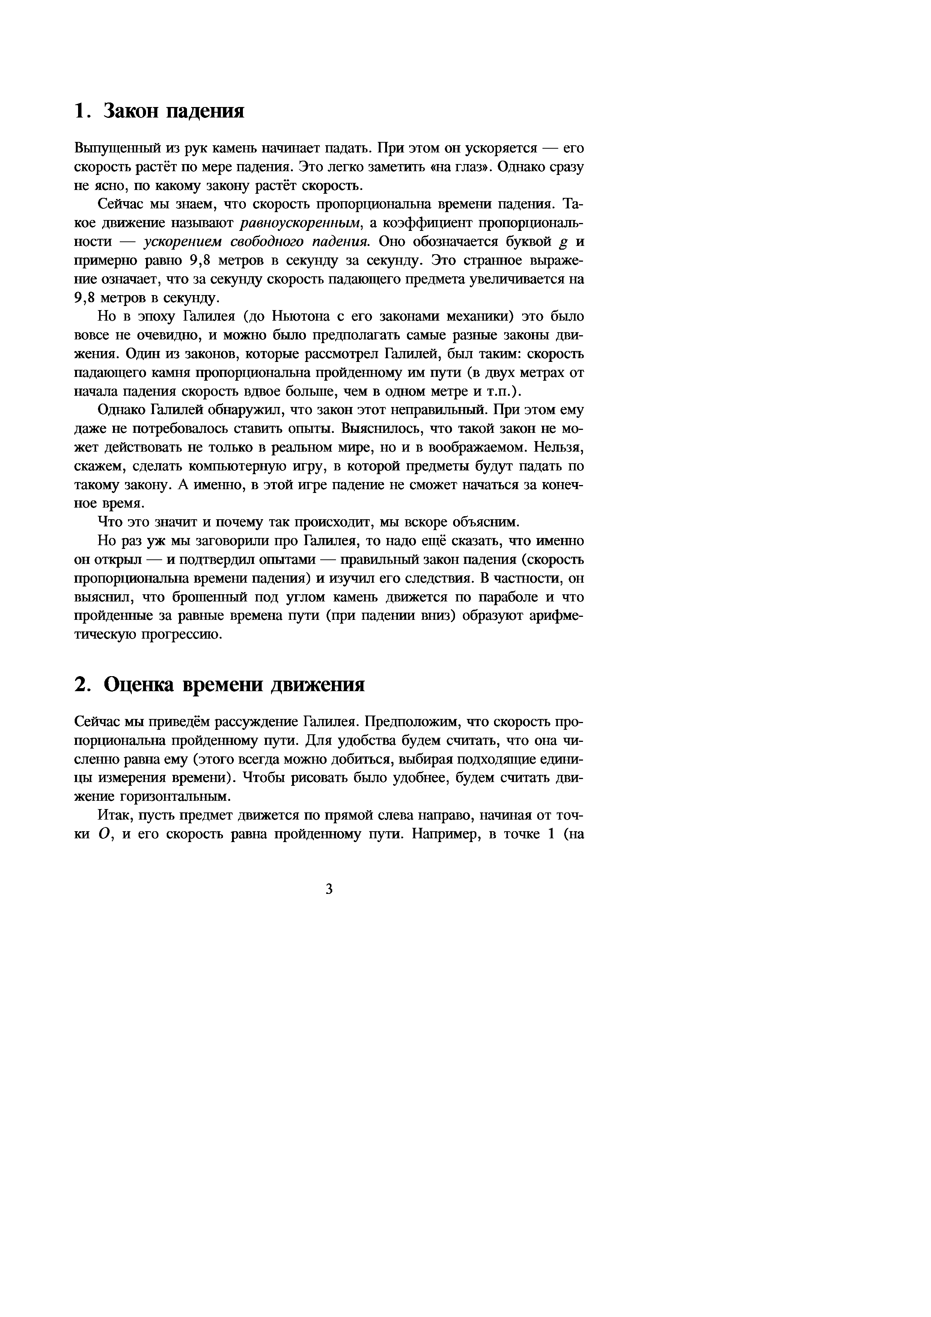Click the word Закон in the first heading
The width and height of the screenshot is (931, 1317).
tap(132, 111)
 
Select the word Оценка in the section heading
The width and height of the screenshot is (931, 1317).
tap(138, 685)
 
